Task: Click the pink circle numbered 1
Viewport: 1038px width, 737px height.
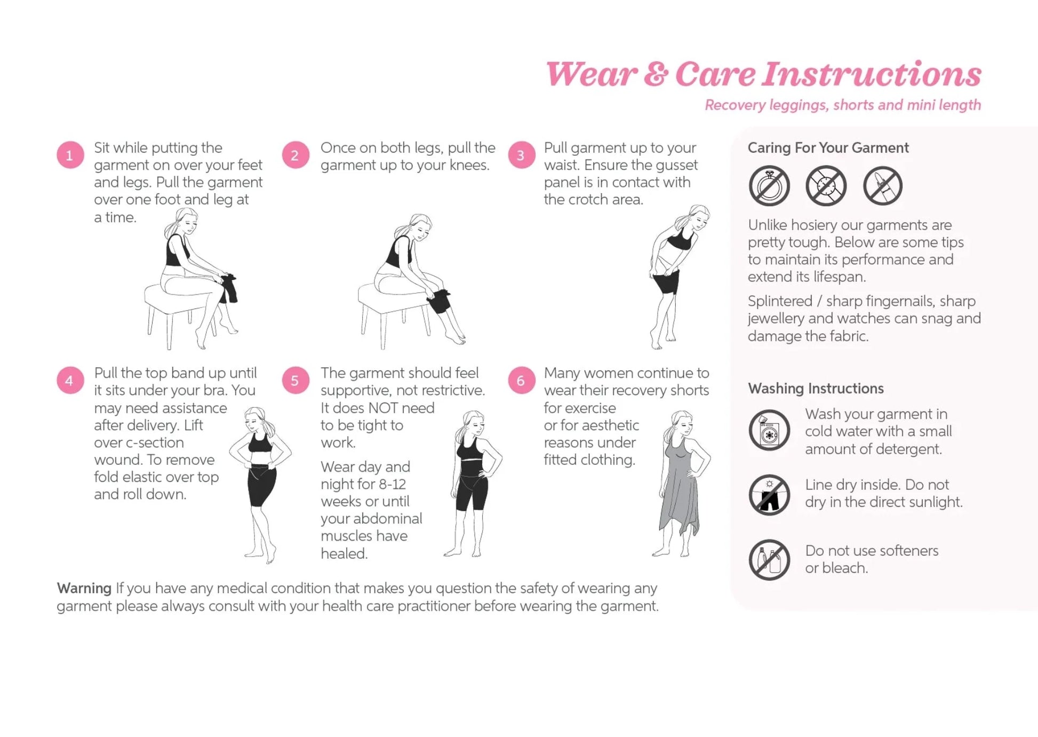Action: [70, 155]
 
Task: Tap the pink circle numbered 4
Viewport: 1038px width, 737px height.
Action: [70, 381]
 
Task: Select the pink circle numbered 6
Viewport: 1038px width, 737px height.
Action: [521, 381]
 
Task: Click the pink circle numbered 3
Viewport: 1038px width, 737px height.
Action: [521, 155]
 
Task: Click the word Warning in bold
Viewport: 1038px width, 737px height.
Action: [84, 588]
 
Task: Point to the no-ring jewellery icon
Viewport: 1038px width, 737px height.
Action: [769, 186]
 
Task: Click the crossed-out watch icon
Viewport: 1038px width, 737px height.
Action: [826, 186]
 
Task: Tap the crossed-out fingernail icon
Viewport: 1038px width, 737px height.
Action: [882, 186]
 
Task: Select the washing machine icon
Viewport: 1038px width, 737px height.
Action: [769, 430]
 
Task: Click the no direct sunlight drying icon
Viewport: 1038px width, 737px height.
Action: [769, 495]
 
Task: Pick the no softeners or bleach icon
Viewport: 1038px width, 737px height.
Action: [769, 560]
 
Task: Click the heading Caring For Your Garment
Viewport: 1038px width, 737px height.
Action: [828, 148]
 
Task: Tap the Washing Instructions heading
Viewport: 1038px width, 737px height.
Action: [816, 389]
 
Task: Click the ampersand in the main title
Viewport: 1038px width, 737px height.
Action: [656, 75]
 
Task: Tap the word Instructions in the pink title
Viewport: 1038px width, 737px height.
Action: [871, 75]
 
